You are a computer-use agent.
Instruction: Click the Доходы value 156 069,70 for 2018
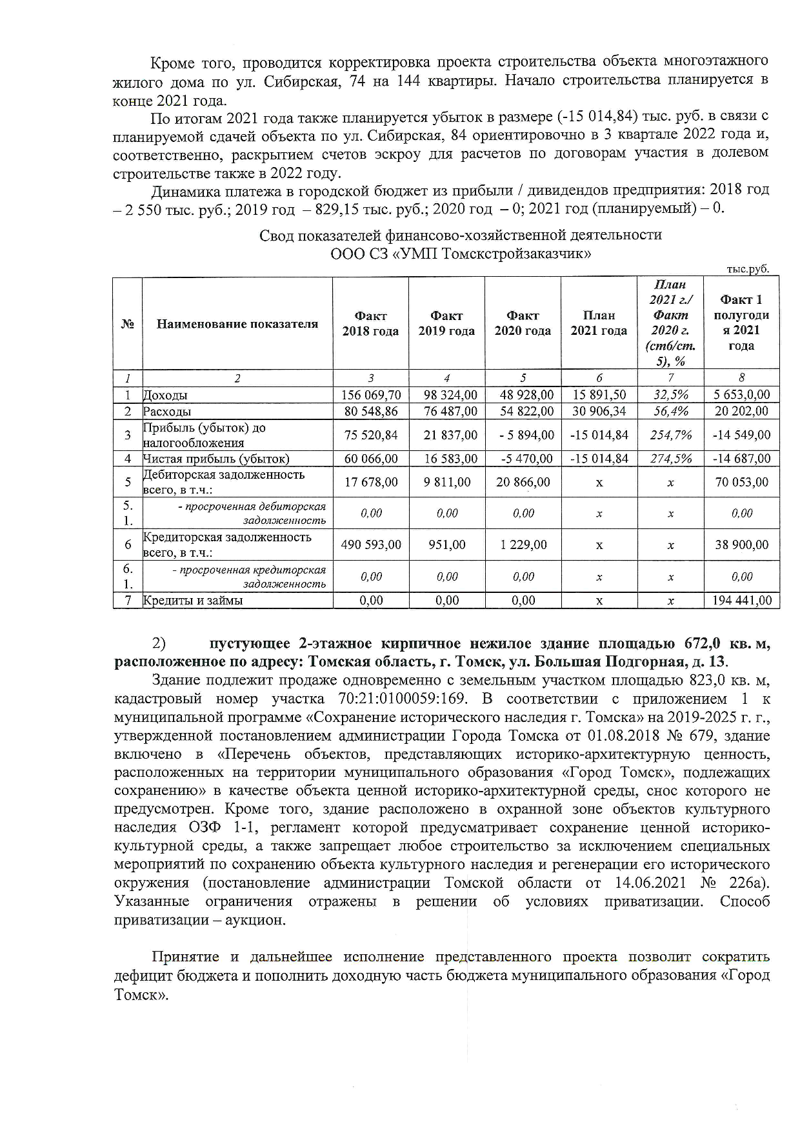[371, 395]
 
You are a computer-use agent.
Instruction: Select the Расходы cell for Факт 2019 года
[446, 411]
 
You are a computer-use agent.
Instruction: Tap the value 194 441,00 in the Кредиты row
[741, 601]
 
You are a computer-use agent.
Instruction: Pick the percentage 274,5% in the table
[670, 459]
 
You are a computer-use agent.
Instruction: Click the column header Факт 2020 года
[523, 323]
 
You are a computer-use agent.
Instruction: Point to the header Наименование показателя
[237, 324]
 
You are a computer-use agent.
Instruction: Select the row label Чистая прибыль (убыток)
[216, 459]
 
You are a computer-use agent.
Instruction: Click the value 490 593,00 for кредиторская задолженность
[371, 545]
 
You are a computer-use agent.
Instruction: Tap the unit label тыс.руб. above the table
[748, 269]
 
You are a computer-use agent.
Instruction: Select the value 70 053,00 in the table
[741, 482]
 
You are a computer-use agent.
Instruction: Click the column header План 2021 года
[599, 323]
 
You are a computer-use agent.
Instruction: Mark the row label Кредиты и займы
[193, 601]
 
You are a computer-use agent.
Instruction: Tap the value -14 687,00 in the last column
[741, 459]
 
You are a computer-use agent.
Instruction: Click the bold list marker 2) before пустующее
[159, 643]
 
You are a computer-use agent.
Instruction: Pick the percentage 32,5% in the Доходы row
[670, 395]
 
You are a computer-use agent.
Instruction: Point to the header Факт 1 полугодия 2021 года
[741, 323]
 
